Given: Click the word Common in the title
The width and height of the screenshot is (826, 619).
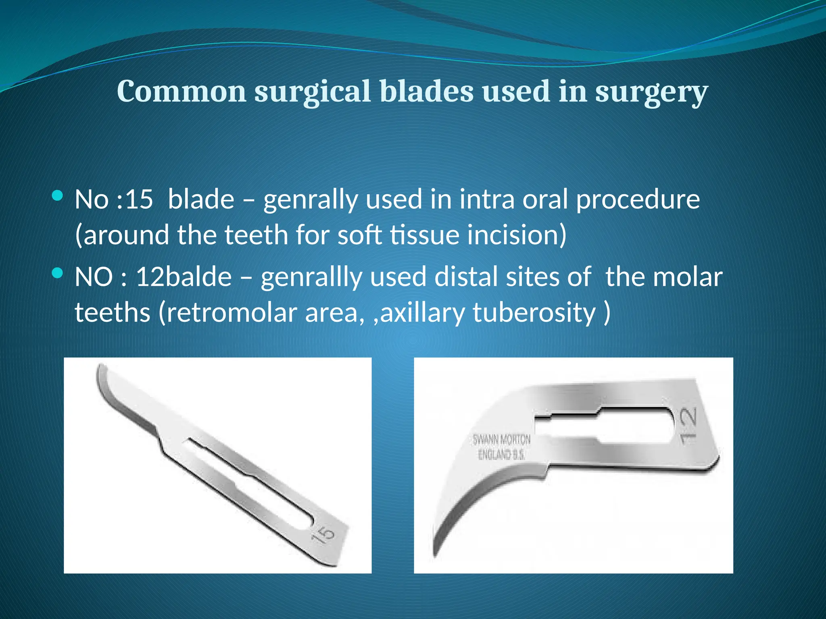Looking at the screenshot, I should click(181, 91).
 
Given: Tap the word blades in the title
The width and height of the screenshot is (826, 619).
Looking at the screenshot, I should click(426, 91).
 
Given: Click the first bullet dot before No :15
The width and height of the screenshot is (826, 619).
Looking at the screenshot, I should click(58, 196).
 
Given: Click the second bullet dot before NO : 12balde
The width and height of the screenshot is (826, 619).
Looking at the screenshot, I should click(58, 274).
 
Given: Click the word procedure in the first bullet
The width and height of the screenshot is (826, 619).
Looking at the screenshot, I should click(638, 200).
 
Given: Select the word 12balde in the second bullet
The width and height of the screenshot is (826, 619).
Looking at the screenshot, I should click(184, 277).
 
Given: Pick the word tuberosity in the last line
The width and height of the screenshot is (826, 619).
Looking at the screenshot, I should click(534, 313).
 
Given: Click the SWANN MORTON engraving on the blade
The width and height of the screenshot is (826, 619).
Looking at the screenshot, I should click(501, 439).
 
